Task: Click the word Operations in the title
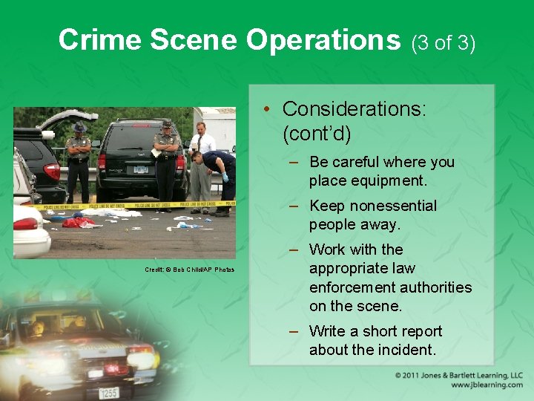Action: [x=323, y=40]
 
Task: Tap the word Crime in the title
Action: [x=102, y=40]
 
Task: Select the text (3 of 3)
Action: [x=443, y=43]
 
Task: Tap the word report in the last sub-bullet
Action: [x=416, y=331]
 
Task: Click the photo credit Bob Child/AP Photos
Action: [x=189, y=269]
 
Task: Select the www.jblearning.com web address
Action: [x=487, y=385]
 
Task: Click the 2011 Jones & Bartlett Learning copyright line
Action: [x=459, y=375]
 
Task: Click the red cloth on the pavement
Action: [x=77, y=222]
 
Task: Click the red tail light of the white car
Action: [x=25, y=224]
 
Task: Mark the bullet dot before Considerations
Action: [x=265, y=109]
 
